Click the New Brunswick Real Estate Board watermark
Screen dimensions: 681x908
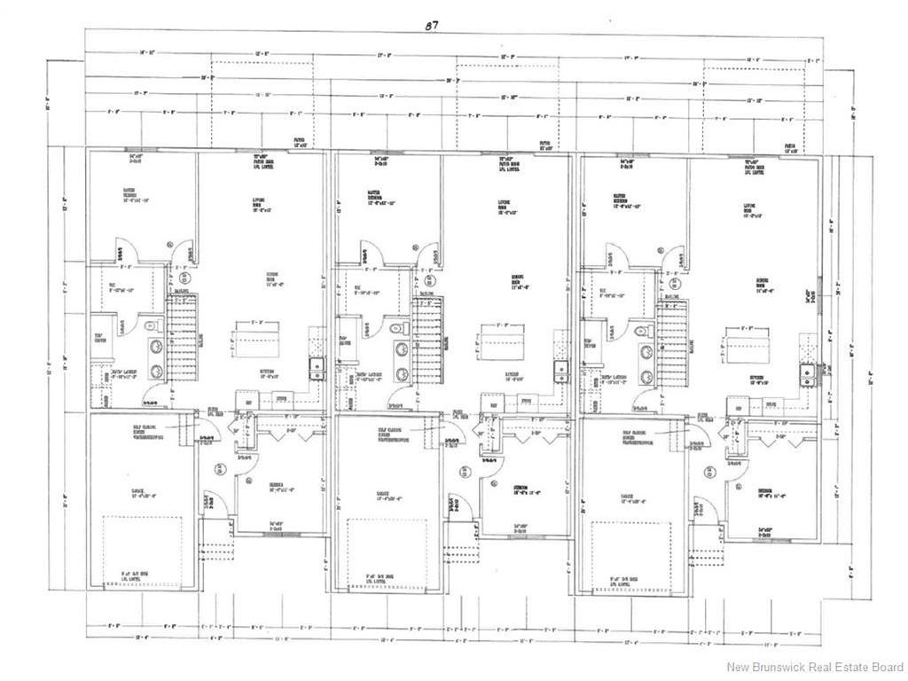(815, 667)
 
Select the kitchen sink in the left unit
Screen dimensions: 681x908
(316, 367)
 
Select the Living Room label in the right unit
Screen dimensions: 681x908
(755, 210)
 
